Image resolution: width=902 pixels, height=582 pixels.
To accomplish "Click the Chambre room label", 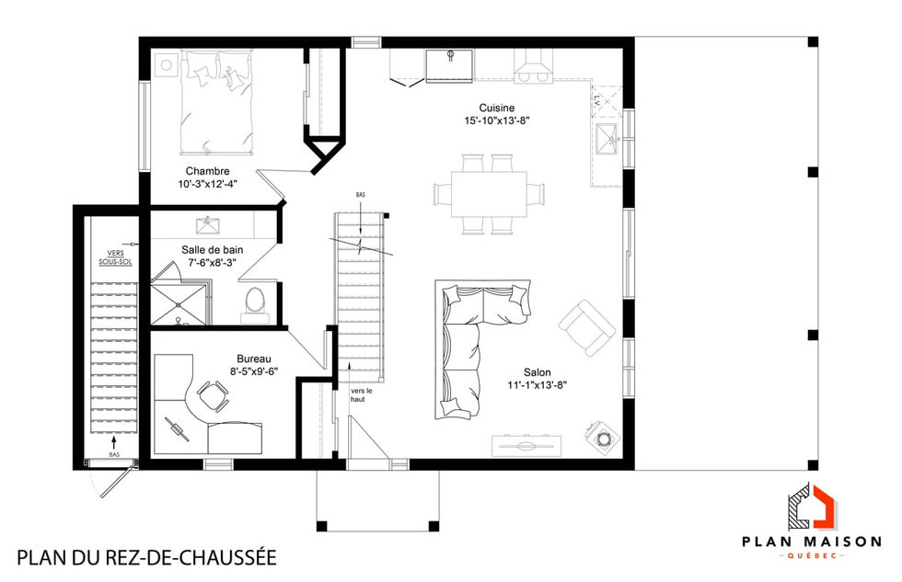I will [207, 171].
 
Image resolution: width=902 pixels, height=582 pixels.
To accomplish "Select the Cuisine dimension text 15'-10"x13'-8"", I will [497, 120].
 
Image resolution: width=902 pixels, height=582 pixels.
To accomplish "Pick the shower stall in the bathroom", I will [179, 297].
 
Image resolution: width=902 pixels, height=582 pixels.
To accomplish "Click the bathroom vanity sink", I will [208, 225].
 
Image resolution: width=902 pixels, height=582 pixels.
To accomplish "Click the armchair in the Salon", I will [586, 326].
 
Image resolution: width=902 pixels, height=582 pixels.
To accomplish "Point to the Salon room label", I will [538, 372].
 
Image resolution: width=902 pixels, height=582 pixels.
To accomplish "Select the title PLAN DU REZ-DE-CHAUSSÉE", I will [146, 557].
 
